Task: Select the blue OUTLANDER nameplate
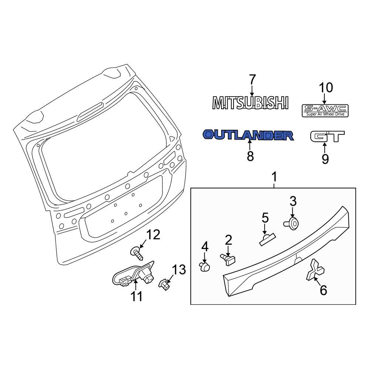click(248, 135)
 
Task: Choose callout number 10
click(325, 88)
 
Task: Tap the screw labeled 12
click(137, 253)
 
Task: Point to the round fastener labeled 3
click(293, 223)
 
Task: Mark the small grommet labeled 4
click(204, 266)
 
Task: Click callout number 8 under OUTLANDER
click(250, 156)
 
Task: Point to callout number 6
click(323, 290)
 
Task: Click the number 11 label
click(137, 296)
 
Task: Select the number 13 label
click(179, 270)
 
